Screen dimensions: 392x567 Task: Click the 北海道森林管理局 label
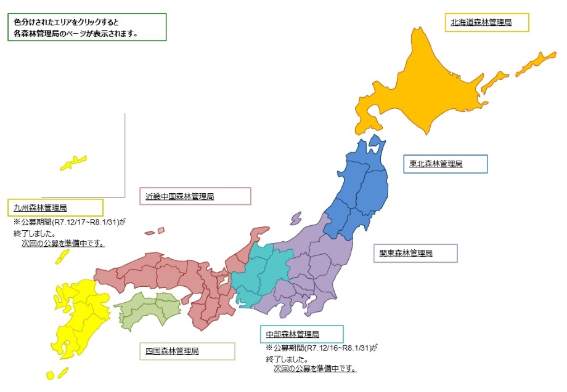(481, 22)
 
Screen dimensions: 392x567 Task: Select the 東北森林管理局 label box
(436, 164)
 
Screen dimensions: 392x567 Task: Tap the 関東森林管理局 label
(406, 253)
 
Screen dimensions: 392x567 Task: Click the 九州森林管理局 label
(40, 208)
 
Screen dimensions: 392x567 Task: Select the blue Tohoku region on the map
(361, 191)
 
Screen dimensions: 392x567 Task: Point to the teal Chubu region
(259, 274)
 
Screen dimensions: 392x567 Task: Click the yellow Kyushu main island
(74, 320)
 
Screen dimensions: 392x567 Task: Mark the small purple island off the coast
(296, 218)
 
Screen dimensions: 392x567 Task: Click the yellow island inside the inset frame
(73, 163)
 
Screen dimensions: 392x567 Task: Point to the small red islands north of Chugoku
(155, 232)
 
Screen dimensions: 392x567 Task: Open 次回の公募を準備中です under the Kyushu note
(63, 244)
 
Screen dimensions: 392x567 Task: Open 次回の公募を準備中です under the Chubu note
(315, 369)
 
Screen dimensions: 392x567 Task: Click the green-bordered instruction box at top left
(89, 27)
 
